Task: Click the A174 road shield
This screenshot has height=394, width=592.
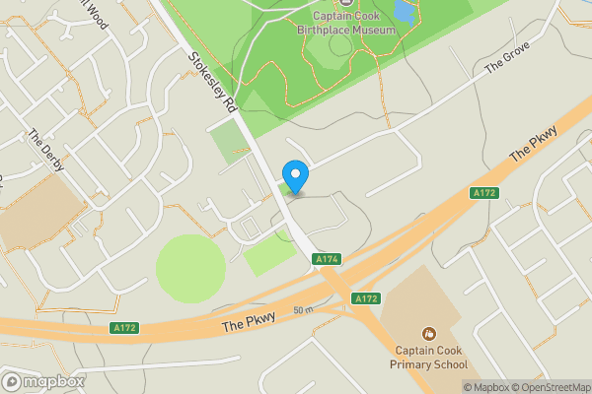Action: [x=327, y=259]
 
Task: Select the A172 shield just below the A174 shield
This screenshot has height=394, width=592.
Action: [x=366, y=297]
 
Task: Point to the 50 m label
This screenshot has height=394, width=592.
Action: [x=302, y=311]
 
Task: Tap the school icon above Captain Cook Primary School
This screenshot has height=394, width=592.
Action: [x=427, y=335]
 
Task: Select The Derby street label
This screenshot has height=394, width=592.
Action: [x=46, y=151]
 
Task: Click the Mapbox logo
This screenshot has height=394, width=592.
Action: [x=43, y=381]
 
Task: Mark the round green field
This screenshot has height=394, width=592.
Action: [x=189, y=267]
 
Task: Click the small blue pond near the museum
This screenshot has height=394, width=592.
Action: [x=405, y=11]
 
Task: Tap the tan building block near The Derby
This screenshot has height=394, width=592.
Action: [x=39, y=212]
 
